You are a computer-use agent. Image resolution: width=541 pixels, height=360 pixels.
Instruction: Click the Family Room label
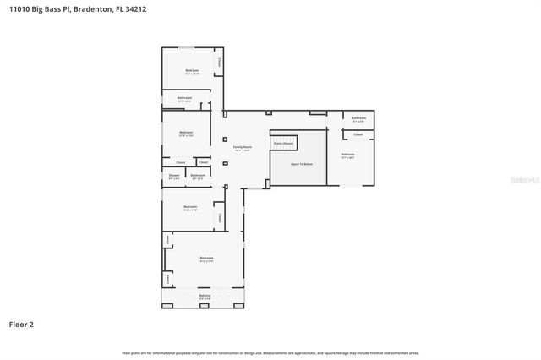coord(243,148)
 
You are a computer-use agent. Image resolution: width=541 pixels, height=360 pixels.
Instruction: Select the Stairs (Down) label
coord(283,144)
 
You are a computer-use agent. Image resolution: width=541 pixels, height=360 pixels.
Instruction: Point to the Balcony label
coord(204,296)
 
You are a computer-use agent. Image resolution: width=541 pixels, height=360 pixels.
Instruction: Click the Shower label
coord(173,176)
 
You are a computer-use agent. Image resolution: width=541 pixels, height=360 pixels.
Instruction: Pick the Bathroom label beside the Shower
coord(198,176)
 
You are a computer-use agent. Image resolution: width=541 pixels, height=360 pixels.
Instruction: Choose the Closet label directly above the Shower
coord(180,161)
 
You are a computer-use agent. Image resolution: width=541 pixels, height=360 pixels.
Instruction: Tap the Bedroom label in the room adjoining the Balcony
coord(206,259)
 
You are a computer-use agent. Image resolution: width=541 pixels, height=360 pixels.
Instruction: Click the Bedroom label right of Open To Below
coord(347,155)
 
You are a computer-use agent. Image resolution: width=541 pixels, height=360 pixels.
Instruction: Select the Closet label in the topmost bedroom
coord(219,60)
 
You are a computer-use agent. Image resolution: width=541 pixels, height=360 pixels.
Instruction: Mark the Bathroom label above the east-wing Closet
coord(358,118)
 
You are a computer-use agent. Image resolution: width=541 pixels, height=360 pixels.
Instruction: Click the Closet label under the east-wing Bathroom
coord(358,134)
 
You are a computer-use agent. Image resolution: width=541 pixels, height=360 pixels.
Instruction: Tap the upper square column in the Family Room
coord(225,139)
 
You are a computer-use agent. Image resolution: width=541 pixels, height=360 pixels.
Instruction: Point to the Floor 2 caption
coord(21,324)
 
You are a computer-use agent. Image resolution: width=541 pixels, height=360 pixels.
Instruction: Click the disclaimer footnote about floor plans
coord(270,352)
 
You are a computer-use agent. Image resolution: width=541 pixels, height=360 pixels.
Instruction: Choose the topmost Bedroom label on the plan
coord(192,71)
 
